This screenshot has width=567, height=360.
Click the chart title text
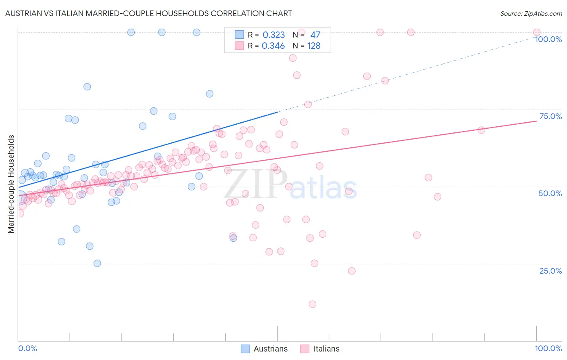tap(148, 13)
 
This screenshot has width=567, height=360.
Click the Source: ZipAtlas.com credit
tap(531, 13)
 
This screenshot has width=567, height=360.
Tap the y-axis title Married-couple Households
tap(11, 184)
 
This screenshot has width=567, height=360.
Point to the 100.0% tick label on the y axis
tap(548, 39)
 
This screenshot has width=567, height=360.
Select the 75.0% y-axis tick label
tap(550, 116)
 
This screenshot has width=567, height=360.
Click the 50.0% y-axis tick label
tap(550, 193)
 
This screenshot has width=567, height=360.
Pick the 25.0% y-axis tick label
tap(550, 271)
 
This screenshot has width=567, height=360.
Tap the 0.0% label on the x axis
tap(27, 348)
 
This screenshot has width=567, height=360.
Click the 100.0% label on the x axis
tap(548, 348)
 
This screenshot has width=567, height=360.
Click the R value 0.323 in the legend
tap(274, 35)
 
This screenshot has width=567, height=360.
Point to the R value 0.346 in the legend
tap(273, 46)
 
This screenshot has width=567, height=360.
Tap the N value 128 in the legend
tap(314, 46)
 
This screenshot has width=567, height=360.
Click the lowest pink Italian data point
tap(313, 304)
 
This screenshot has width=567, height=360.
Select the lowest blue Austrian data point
tap(97, 263)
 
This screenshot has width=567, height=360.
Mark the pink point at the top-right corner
tap(537, 32)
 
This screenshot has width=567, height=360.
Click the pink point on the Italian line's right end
tap(481, 130)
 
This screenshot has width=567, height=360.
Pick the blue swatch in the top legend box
tap(239, 35)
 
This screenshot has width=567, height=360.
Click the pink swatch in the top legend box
tap(239, 46)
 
